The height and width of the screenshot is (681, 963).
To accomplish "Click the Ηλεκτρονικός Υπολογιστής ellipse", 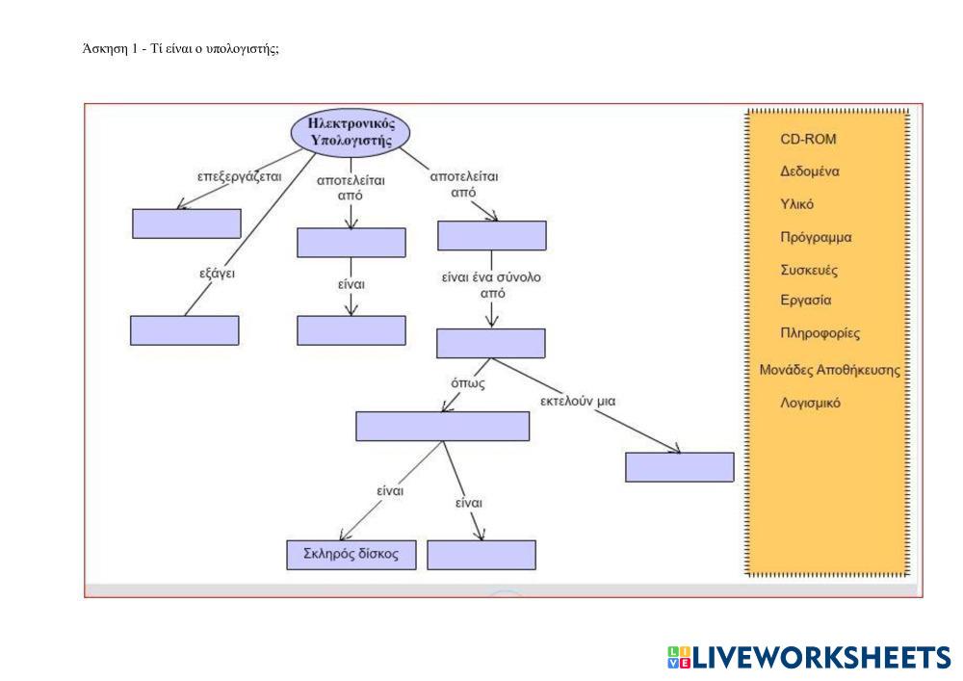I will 351,132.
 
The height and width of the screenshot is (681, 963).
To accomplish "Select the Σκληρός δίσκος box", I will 351,555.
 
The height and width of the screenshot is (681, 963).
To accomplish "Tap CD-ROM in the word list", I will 808,139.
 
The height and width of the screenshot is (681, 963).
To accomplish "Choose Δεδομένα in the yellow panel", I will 810,171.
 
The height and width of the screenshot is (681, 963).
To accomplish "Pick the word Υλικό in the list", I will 797,204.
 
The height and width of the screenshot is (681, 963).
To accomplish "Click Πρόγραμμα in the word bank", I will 816,237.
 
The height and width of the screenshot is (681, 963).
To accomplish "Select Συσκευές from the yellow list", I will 809,270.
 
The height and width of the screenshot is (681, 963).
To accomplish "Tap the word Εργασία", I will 805,301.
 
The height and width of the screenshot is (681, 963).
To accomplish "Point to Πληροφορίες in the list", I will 820,333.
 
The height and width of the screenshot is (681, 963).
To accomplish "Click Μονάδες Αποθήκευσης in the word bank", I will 829,369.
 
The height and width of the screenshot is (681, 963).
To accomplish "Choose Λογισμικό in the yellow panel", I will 810,403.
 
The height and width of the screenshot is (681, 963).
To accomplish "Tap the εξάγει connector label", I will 217,273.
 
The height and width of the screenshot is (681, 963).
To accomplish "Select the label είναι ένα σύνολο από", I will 491,285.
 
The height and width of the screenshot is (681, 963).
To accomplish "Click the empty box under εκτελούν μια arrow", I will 679,466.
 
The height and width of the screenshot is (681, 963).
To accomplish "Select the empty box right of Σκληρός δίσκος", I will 481,555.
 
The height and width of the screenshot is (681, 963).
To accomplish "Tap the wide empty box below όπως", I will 442,426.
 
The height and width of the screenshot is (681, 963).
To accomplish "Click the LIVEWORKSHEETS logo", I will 809,658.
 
